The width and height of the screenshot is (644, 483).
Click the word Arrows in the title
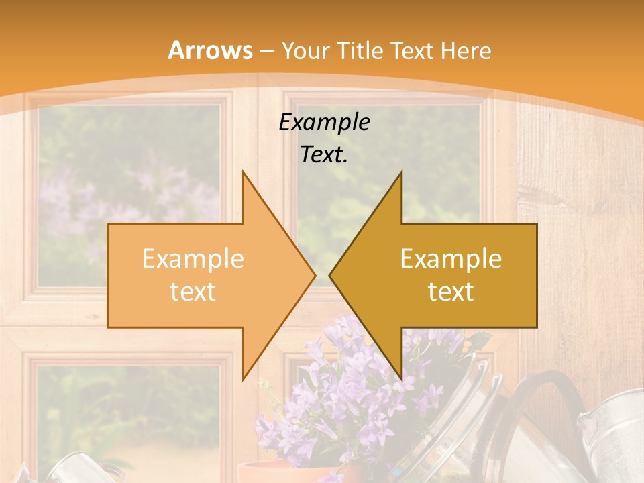[210, 50]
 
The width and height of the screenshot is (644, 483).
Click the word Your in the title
[306, 50]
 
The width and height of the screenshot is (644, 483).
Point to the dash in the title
[266, 51]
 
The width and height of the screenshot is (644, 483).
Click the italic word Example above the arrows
[324, 122]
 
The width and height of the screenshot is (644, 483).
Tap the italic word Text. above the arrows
[324, 154]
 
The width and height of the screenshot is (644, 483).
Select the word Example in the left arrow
[193, 259]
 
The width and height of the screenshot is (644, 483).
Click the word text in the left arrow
[193, 291]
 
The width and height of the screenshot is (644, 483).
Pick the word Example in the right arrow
[451, 259]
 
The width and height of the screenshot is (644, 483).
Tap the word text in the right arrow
[451, 291]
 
